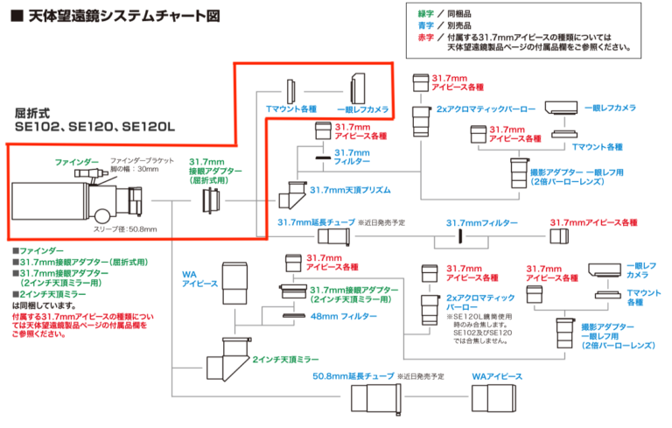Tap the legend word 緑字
(x=425, y=14)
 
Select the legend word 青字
(x=425, y=26)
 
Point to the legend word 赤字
(x=425, y=39)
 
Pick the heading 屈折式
(x=36, y=112)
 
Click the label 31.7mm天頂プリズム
(x=345, y=190)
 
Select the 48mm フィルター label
(x=336, y=315)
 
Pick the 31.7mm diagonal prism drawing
(x=291, y=192)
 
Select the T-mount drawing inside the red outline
(x=292, y=91)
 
